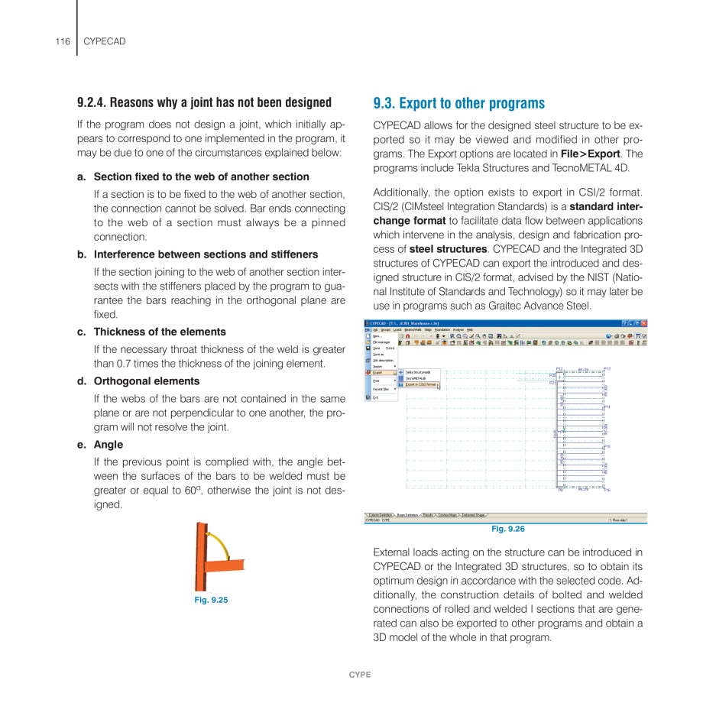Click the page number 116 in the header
[x=62, y=41]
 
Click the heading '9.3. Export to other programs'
[x=458, y=103]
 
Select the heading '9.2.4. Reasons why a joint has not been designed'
[x=204, y=102]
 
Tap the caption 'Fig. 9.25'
[x=211, y=600]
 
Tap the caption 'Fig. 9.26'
[x=507, y=529]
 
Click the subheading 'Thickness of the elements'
[x=160, y=332]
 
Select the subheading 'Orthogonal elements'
[x=146, y=381]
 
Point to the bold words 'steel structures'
[x=448, y=249]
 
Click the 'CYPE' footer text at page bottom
[x=360, y=675]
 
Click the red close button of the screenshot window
[x=643, y=323]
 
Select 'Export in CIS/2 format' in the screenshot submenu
[x=420, y=384]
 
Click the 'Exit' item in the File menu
[x=375, y=397]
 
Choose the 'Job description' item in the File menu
[x=383, y=361]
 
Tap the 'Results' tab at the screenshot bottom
[x=428, y=515]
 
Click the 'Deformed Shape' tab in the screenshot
[x=472, y=515]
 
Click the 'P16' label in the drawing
[x=607, y=490]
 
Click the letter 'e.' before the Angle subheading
[x=82, y=445]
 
